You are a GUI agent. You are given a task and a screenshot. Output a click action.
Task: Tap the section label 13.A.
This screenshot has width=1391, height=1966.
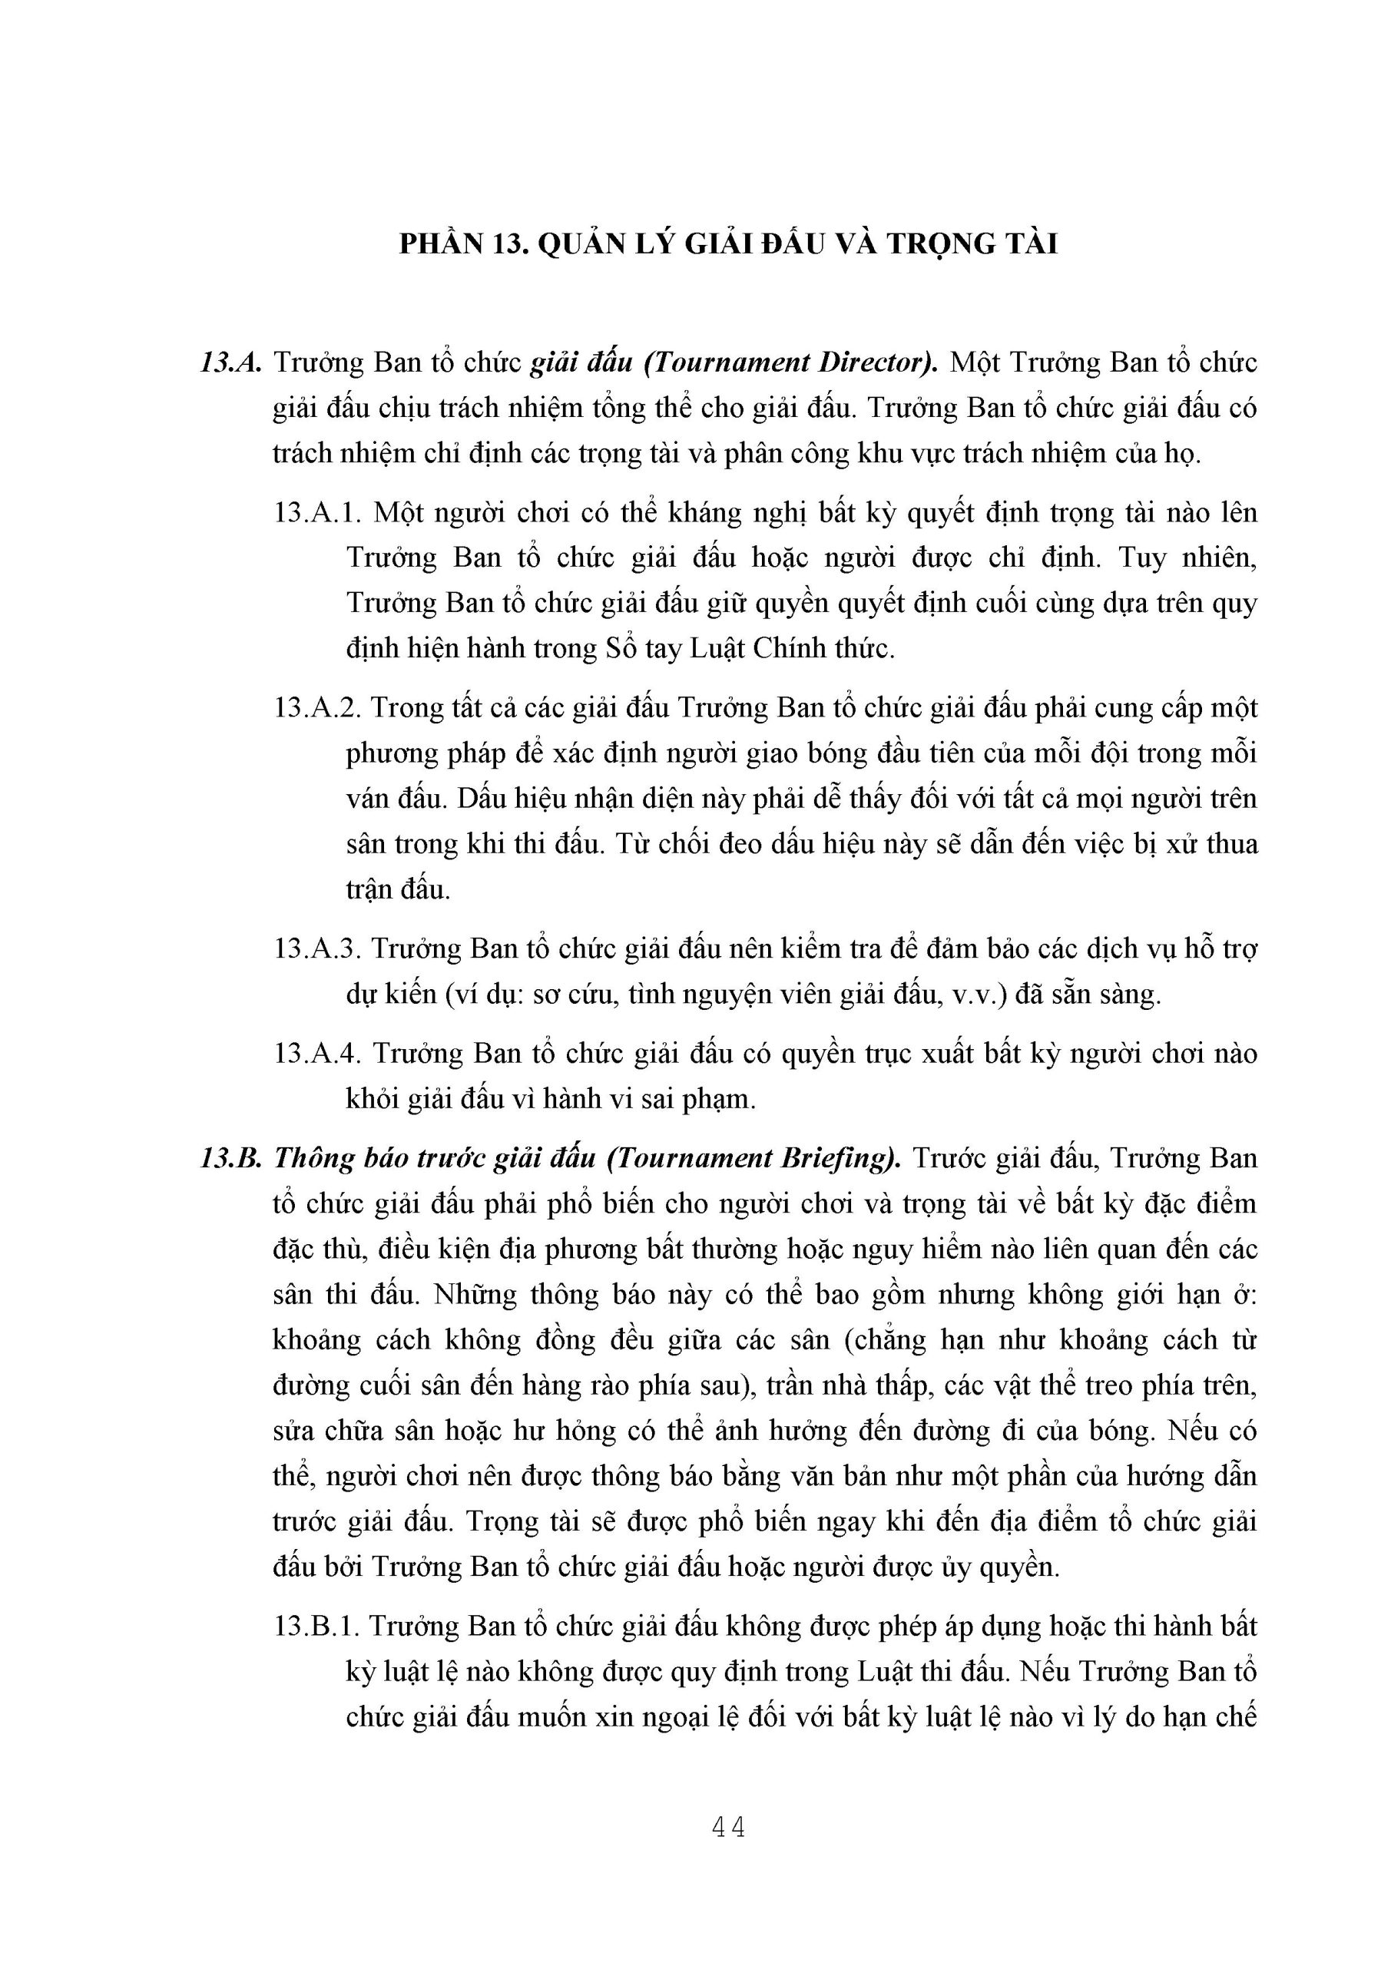pyautogui.click(x=230, y=363)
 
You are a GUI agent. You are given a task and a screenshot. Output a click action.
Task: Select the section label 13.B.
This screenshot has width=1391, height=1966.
pyautogui.click(x=230, y=1159)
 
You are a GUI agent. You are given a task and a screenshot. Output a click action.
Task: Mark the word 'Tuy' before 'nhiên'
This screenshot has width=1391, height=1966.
pyautogui.click(x=1144, y=558)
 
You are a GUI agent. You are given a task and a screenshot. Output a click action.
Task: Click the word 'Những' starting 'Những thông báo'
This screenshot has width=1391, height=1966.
pyautogui.click(x=474, y=1294)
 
